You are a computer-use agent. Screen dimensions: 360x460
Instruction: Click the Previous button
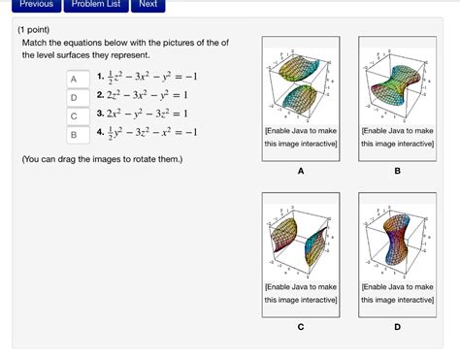point(36,4)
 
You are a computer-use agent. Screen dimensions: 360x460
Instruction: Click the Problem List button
point(94,4)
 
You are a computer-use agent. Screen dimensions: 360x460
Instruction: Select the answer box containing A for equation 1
point(73,80)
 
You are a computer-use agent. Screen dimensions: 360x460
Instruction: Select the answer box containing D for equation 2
point(73,97)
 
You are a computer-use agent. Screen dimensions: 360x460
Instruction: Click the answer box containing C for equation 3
point(73,115)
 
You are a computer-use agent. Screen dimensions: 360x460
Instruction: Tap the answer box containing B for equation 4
point(73,134)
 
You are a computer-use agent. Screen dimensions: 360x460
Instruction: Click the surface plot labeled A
point(301,85)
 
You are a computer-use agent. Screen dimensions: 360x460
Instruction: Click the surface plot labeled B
point(397,85)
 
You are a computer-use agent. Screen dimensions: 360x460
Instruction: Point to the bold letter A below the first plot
point(301,171)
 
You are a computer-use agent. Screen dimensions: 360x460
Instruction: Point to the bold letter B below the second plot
point(397,171)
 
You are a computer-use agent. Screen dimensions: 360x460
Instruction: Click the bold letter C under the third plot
point(301,326)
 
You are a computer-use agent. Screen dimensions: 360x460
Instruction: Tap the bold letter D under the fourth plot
point(397,326)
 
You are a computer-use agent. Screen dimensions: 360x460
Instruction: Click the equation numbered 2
point(148,97)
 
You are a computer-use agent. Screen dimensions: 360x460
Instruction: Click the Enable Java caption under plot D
point(397,293)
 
